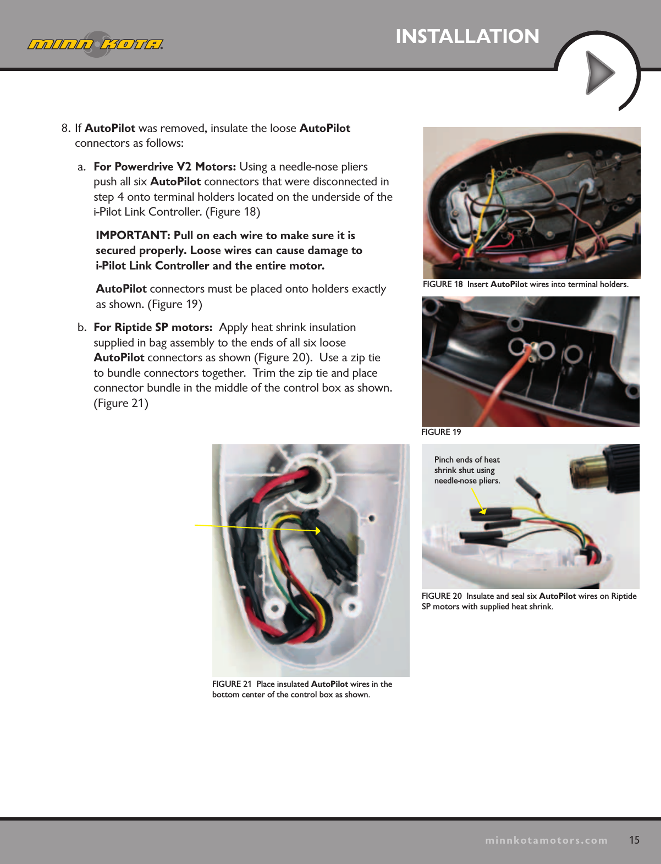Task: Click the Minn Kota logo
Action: pos(95,44)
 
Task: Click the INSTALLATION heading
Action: pos(467,36)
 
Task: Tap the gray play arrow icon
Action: pos(599,73)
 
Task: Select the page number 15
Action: pos(634,840)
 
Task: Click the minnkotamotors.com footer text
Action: pos(546,840)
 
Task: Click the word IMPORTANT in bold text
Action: pos(133,235)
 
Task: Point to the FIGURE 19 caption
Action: pos(441,432)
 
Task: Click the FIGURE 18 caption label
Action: pos(443,284)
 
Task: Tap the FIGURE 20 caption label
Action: pos(442,596)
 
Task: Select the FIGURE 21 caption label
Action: pos(232,684)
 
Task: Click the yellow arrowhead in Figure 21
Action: pos(318,531)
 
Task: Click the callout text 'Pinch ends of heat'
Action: pos(467,460)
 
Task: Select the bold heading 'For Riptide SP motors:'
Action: pos(153,327)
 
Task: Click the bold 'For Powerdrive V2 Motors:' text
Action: pos(164,167)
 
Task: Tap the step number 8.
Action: pos(65,128)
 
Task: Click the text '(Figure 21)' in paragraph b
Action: pos(121,403)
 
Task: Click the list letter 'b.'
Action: pos(82,327)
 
